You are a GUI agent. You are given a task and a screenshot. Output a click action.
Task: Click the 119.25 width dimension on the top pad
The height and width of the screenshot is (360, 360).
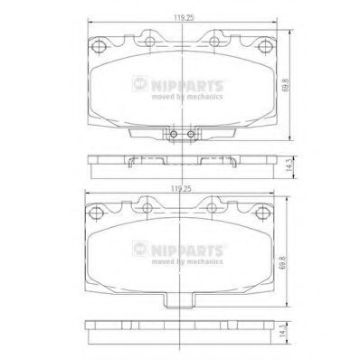(x=183, y=18)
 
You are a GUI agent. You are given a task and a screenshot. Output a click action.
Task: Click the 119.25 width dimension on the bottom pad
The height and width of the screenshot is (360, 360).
(x=181, y=189)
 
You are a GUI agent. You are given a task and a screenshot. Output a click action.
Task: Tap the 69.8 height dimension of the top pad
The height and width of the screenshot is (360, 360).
(x=286, y=85)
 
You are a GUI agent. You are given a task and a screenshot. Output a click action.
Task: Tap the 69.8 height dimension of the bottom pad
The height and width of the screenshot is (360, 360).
(x=282, y=263)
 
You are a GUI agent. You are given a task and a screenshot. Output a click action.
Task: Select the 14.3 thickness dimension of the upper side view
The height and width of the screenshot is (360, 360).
(x=289, y=166)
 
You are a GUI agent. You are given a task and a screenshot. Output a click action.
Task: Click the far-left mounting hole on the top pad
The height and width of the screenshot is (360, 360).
(x=99, y=46)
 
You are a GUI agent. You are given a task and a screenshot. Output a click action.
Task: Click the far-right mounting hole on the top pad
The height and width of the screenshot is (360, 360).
(x=265, y=45)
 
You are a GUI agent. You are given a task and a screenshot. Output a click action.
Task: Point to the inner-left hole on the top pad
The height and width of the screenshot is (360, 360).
(x=150, y=42)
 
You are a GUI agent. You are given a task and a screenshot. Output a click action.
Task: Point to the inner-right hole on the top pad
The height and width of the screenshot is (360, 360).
(x=214, y=42)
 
